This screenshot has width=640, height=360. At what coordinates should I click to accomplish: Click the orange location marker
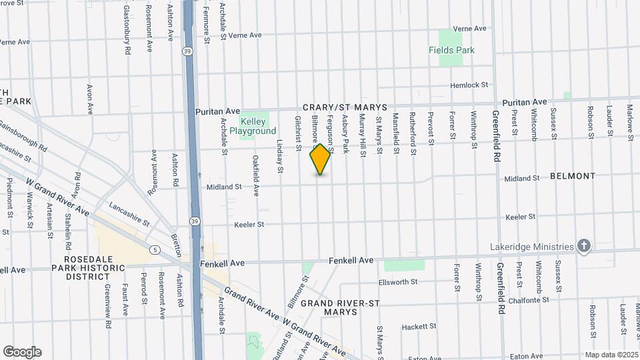321,159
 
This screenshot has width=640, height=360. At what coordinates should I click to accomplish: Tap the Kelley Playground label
253,127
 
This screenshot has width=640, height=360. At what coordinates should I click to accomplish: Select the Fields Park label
451,50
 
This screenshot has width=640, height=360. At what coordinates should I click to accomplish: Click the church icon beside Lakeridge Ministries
584,246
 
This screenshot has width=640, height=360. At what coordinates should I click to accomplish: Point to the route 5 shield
155,250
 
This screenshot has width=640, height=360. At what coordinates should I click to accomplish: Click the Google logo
22,351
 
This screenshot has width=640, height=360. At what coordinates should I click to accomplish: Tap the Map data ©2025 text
610,355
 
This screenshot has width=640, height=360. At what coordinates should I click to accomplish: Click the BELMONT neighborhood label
573,177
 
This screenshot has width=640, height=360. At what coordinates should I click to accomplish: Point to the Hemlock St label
469,85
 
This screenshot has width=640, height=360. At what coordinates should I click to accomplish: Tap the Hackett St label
418,327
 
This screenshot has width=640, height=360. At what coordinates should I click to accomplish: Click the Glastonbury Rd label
127,25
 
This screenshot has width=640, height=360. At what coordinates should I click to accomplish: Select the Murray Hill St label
362,135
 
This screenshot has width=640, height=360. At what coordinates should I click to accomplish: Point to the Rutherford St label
414,133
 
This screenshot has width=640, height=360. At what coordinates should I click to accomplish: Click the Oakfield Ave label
255,175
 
